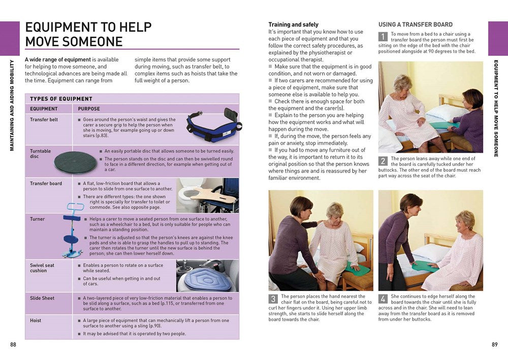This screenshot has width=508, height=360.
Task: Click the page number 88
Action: pyautogui.click(x=13, y=345)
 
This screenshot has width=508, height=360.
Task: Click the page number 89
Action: pyautogui.click(x=494, y=345)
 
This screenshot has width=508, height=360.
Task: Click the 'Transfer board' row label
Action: pyautogui.click(x=46, y=183)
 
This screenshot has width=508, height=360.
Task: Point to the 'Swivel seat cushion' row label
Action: pyautogui.click(x=42, y=268)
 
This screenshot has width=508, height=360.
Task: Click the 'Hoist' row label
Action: pyautogui.click(x=36, y=320)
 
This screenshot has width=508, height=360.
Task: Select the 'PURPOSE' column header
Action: pyautogui.click(x=89, y=109)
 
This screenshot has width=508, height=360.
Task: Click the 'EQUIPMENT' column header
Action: pyautogui.click(x=44, y=109)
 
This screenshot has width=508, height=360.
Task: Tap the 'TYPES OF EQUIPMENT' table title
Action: pyautogui.click(x=61, y=99)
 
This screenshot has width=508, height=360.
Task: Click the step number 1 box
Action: pyautogui.click(x=383, y=37)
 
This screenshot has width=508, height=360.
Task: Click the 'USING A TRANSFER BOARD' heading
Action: pyautogui.click(x=415, y=24)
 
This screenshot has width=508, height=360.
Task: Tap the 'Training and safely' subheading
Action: pyautogui.click(x=293, y=24)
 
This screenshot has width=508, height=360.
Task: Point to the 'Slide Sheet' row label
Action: pyautogui.click(x=42, y=298)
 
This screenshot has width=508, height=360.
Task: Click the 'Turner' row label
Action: pyautogui.click(x=37, y=219)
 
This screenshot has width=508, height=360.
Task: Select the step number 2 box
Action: pyautogui.click(x=383, y=161)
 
